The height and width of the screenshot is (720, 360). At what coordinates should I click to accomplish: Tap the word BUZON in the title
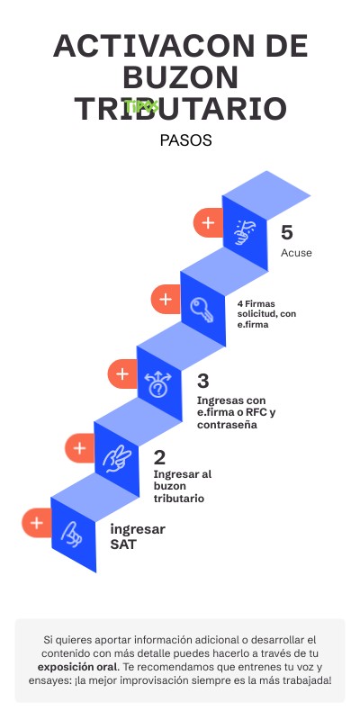181,77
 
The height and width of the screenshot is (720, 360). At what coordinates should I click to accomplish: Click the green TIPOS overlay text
141,106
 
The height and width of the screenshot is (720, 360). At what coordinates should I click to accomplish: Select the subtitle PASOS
185,140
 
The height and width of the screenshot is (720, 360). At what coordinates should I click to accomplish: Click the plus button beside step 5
208,223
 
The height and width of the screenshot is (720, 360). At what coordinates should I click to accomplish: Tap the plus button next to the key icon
166,300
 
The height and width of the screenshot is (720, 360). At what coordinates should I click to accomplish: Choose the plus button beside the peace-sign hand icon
79,448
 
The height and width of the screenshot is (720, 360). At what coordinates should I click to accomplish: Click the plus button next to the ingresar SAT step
36,523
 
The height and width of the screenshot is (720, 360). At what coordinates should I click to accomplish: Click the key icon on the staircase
202,309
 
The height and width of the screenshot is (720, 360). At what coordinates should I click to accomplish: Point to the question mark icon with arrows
158,384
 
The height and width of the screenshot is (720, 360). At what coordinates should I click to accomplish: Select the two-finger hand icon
117,459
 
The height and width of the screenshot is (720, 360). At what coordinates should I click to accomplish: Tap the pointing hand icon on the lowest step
72,535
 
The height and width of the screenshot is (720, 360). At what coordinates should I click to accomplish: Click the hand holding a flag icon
245,232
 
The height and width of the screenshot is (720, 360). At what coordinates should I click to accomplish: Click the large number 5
286,233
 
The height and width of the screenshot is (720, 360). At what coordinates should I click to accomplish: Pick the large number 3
203,381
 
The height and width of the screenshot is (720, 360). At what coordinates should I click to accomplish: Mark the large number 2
159,457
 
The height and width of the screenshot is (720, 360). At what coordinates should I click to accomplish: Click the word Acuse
296,253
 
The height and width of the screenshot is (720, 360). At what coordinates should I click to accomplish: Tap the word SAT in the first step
123,544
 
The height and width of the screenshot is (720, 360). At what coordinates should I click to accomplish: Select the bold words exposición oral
77,666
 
